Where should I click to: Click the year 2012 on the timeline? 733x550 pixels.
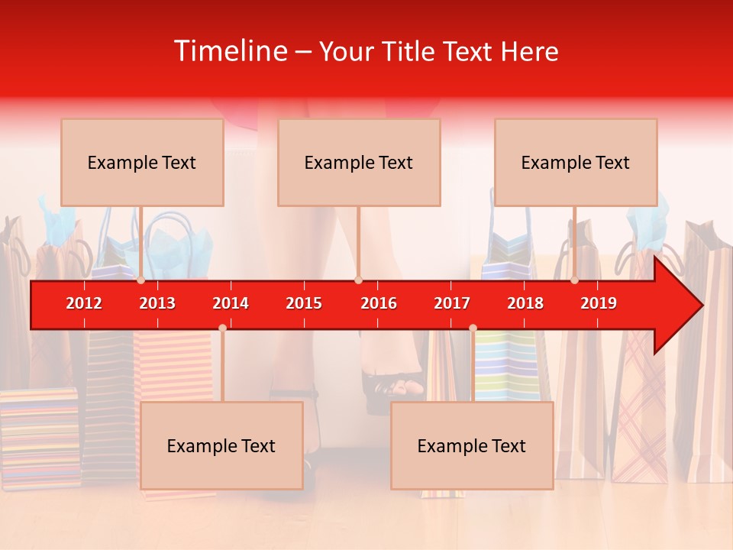pos(84,303)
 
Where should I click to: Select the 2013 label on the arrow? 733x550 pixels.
pos(157,303)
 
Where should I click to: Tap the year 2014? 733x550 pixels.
pos(231,303)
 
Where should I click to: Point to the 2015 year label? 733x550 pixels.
pos(304,303)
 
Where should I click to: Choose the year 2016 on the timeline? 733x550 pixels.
pos(379,303)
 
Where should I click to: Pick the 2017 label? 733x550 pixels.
pos(452,303)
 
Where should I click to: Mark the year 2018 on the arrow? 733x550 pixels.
pos(525,303)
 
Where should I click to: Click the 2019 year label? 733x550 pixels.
pos(599,303)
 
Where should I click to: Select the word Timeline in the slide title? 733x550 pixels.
pos(229,51)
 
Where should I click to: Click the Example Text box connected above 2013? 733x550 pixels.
pos(142,162)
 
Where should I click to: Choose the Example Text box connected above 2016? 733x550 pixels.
pos(359,162)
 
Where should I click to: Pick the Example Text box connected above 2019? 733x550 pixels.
pos(576,162)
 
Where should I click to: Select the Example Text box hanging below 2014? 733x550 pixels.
pos(221,445)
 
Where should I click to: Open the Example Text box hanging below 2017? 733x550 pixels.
pos(472,445)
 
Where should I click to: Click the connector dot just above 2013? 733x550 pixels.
pos(140,280)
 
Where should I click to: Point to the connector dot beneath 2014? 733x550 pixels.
pos(222,328)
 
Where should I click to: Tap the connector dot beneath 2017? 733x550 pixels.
pos(473,328)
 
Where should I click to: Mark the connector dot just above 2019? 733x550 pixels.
pos(574,280)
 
